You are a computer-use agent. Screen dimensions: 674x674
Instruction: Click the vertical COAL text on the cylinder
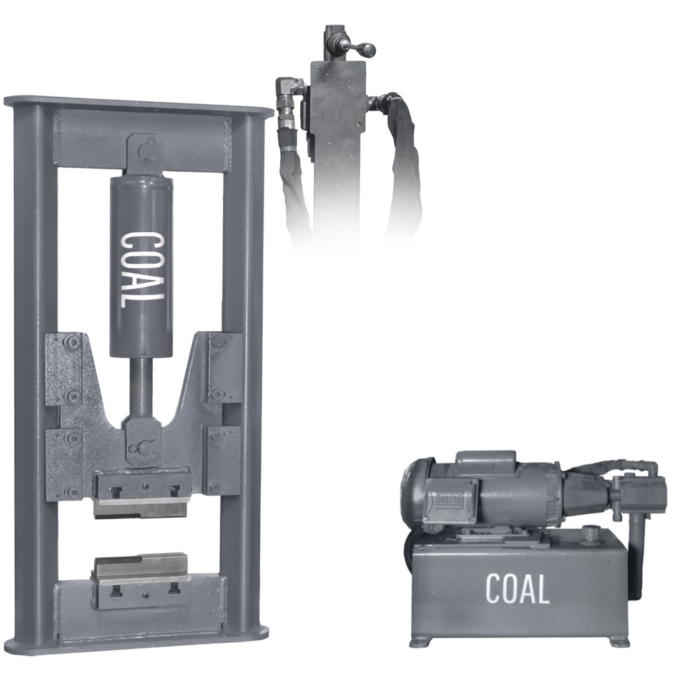click(x=142, y=270)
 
